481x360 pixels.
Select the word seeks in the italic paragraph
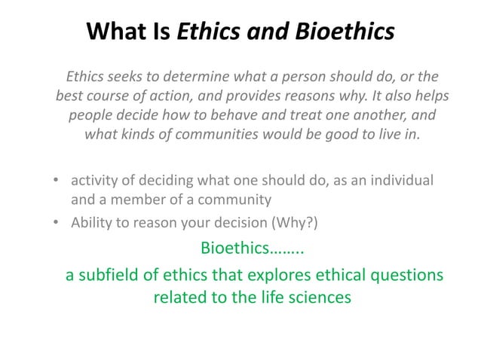pyautogui.click(x=129, y=78)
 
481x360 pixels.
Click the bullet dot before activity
pyautogui.click(x=57, y=182)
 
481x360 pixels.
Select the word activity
pyautogui.click(x=94, y=182)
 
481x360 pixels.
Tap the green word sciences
pyautogui.click(x=320, y=297)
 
